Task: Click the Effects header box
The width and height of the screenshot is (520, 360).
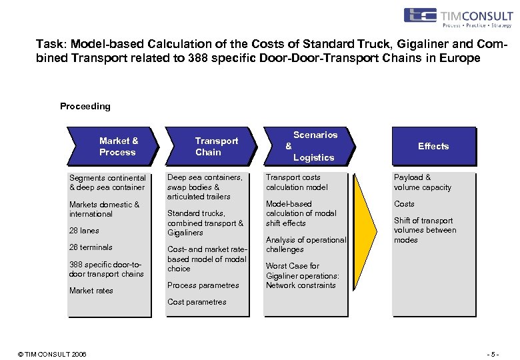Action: click(x=433, y=146)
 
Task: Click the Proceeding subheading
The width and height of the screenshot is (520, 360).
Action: click(x=85, y=106)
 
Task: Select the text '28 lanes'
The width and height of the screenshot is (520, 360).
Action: click(x=84, y=231)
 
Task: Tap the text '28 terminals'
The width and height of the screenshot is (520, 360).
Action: click(x=91, y=247)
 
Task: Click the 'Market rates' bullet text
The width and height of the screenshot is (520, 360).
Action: click(x=91, y=291)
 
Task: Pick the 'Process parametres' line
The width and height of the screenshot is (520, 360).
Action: click(x=203, y=285)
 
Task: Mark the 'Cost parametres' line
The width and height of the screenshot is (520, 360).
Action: click(x=197, y=302)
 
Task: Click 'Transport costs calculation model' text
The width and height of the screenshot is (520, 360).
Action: click(x=297, y=183)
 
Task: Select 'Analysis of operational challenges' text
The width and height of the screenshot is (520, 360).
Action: click(x=306, y=245)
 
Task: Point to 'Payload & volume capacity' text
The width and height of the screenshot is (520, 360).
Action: click(x=423, y=183)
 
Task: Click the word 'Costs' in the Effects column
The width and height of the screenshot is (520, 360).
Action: click(x=404, y=204)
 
